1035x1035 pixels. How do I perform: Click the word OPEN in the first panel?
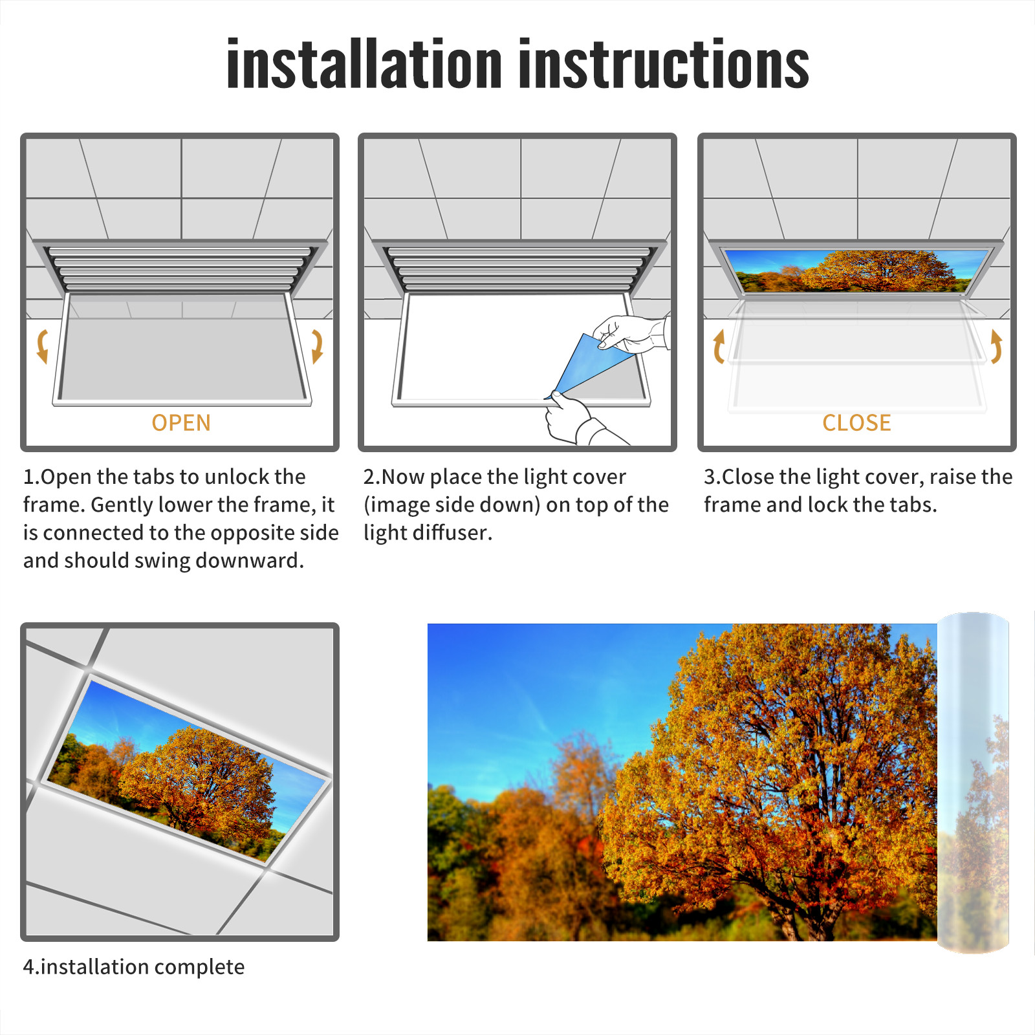[x=181, y=422]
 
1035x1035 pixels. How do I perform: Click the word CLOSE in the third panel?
[x=856, y=422]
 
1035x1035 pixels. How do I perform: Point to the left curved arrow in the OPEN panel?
[x=42, y=346]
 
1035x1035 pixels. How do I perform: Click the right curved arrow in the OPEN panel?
[x=318, y=346]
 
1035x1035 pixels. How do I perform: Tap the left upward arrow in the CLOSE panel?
[x=718, y=346]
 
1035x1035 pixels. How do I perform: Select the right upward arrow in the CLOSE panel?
[x=997, y=346]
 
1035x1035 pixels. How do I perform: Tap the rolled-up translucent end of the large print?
[x=973, y=783]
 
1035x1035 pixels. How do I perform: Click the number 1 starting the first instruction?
[x=29, y=477]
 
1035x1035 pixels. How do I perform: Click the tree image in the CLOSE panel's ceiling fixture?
[x=856, y=270]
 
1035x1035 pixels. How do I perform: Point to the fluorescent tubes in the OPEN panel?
[x=181, y=268]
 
